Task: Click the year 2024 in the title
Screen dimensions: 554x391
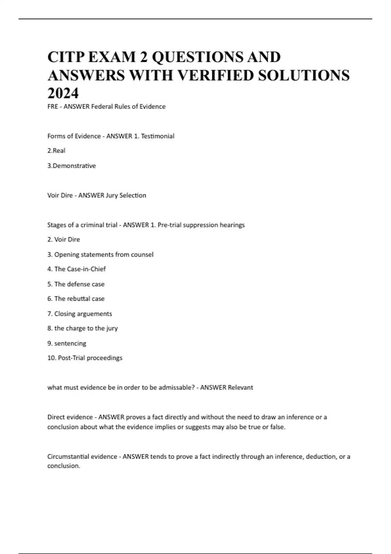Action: (63, 93)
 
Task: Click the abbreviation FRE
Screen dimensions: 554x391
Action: (52, 107)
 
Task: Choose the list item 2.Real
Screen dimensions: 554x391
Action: (56, 151)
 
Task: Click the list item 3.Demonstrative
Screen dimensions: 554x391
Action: (72, 166)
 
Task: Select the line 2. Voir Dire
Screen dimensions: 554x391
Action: (64, 240)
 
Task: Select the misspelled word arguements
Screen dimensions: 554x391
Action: (94, 314)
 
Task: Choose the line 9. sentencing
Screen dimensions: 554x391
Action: (67, 343)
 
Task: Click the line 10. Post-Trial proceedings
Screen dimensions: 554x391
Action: (85, 358)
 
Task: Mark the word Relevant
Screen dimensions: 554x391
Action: (240, 387)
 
